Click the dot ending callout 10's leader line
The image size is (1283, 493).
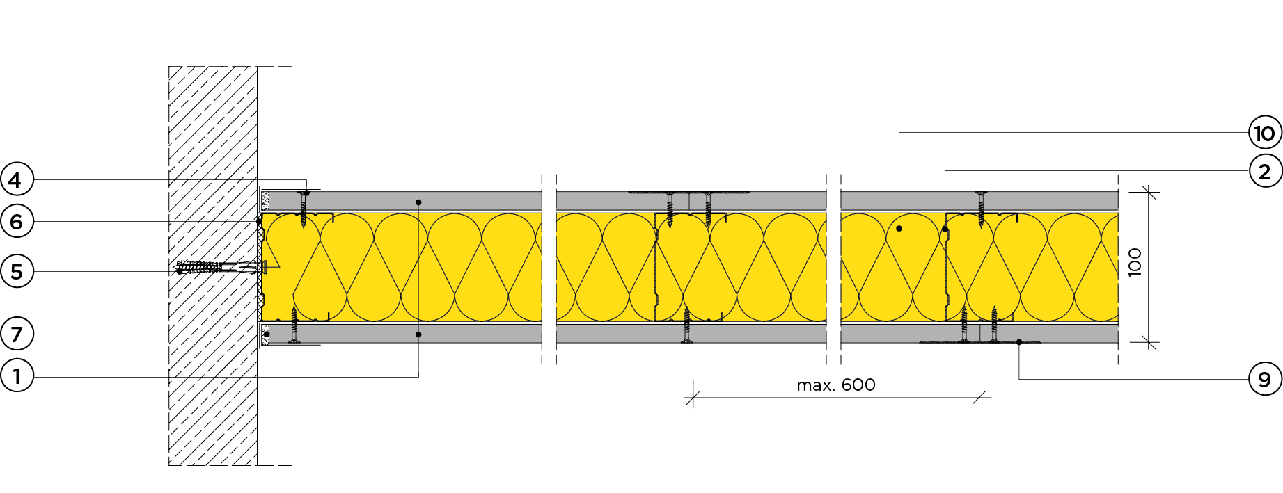click(x=899, y=229)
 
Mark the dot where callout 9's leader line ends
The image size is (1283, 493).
click(x=1019, y=342)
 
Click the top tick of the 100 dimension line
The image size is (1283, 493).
click(x=1149, y=192)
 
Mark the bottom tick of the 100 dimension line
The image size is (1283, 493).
click(x=1149, y=342)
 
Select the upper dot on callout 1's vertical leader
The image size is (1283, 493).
click(x=418, y=202)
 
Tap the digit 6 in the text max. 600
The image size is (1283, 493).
click(x=847, y=385)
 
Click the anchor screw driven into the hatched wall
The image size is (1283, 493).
click(x=220, y=266)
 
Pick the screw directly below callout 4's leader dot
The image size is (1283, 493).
click(x=303, y=211)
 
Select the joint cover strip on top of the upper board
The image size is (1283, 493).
click(x=689, y=192)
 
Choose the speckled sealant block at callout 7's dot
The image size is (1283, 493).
click(x=265, y=334)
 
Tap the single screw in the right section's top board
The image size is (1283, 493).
click(x=981, y=209)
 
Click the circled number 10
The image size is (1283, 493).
click(x=1265, y=133)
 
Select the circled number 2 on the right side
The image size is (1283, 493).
click(x=1265, y=171)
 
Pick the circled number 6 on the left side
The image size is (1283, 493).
click(x=17, y=222)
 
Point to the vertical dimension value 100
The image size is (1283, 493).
click(x=1135, y=262)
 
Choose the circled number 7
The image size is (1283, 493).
click(x=17, y=334)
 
